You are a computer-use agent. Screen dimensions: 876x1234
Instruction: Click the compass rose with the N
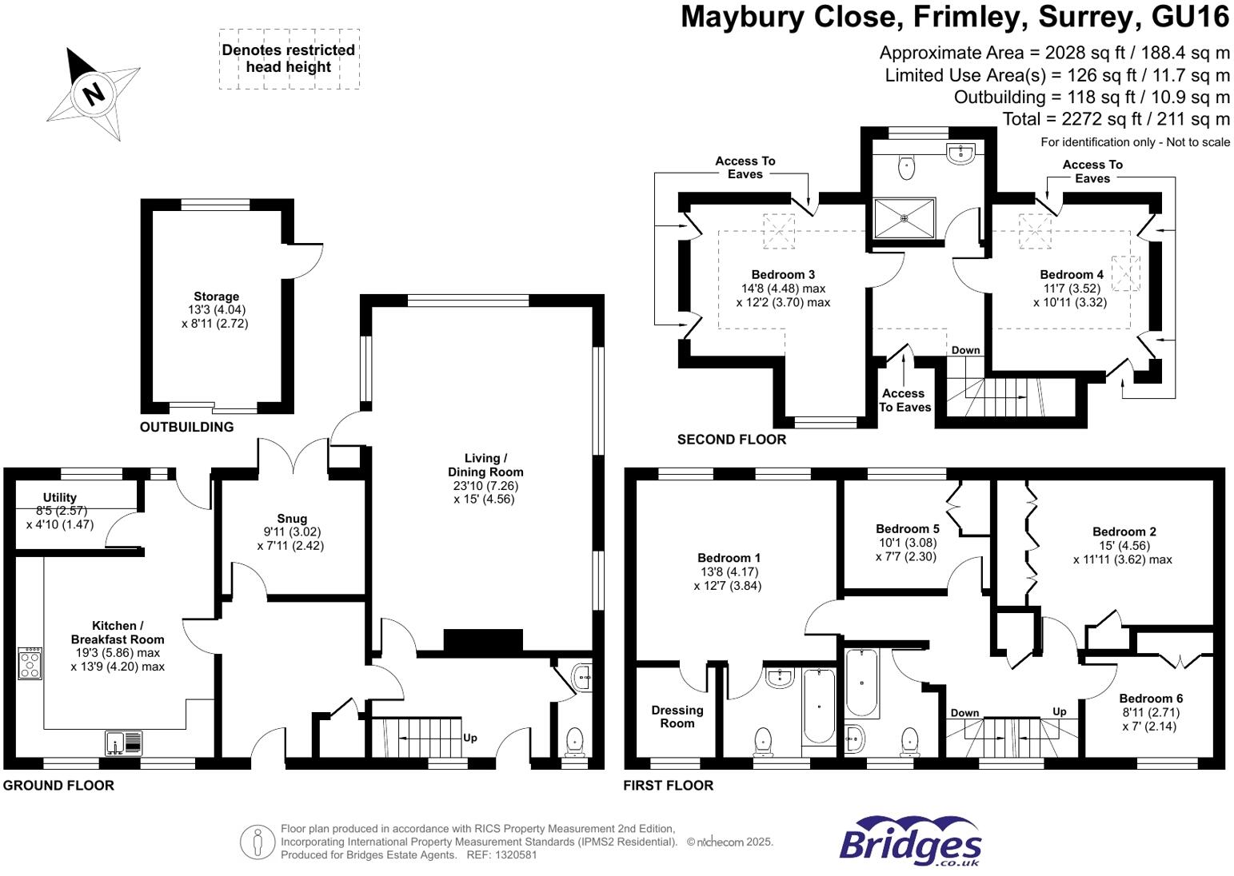[x=94, y=94]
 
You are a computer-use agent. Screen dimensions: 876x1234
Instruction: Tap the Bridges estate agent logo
[x=910, y=842]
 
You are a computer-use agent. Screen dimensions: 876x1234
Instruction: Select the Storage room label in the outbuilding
[x=216, y=297]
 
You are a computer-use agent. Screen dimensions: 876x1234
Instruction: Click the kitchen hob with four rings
[x=30, y=663]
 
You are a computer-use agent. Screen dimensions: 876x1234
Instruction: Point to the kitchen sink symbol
[x=124, y=743]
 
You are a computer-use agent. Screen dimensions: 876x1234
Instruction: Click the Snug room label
[x=292, y=519]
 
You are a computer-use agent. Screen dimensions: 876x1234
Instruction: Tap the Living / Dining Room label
[x=485, y=465]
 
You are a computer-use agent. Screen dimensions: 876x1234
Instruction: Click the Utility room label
[x=60, y=497]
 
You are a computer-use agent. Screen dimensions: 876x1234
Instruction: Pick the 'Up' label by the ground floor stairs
[x=470, y=738]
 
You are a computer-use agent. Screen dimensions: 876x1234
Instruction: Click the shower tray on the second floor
[x=905, y=218]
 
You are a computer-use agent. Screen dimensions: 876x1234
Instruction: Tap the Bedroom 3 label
[x=783, y=275]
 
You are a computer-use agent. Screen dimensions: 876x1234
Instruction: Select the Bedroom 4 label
[x=1072, y=275]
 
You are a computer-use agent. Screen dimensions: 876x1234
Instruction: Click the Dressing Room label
[x=677, y=717]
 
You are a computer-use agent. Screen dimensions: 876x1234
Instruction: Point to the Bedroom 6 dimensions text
[x=1150, y=719]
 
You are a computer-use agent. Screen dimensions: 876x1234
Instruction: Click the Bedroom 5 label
[x=907, y=528]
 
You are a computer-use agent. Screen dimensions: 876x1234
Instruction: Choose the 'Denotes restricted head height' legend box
[x=289, y=59]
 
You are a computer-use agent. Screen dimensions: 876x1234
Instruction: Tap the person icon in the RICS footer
[x=258, y=842]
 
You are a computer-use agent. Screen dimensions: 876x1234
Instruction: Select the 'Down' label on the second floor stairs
[x=965, y=350]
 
